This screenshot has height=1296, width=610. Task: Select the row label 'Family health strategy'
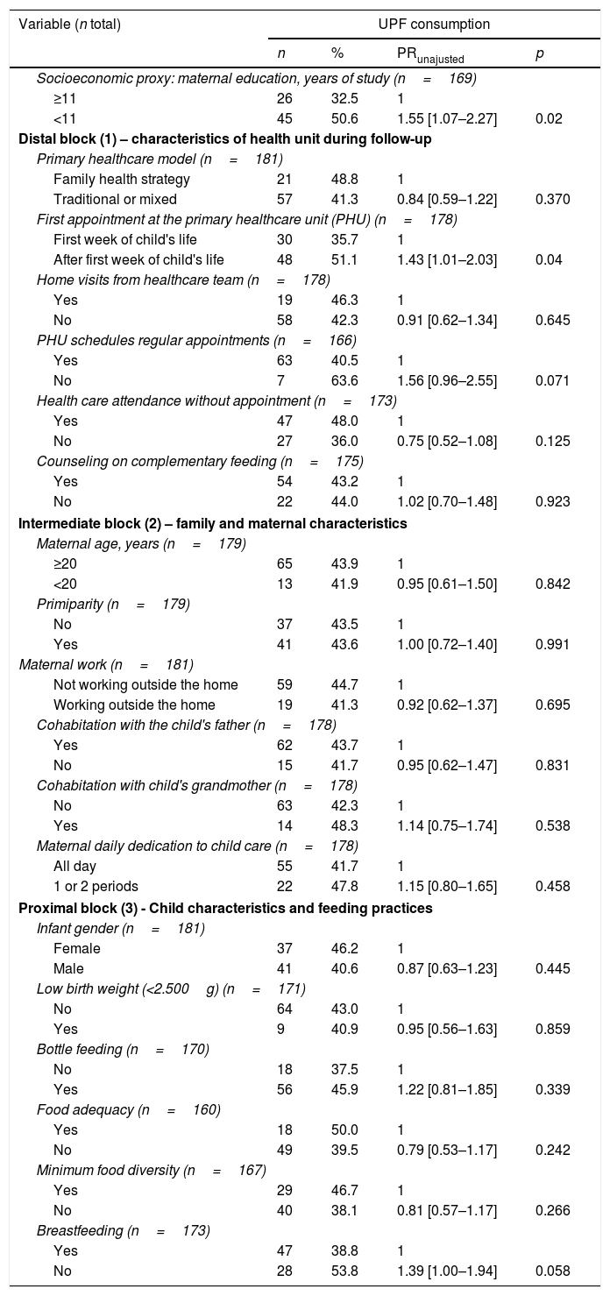pyautogui.click(x=121, y=179)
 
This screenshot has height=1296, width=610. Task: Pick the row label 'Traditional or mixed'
pyautogui.click(x=115, y=199)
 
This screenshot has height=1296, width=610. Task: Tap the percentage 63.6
pyautogui.click(x=343, y=380)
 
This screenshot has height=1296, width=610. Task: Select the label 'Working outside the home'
pyautogui.click(x=134, y=704)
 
